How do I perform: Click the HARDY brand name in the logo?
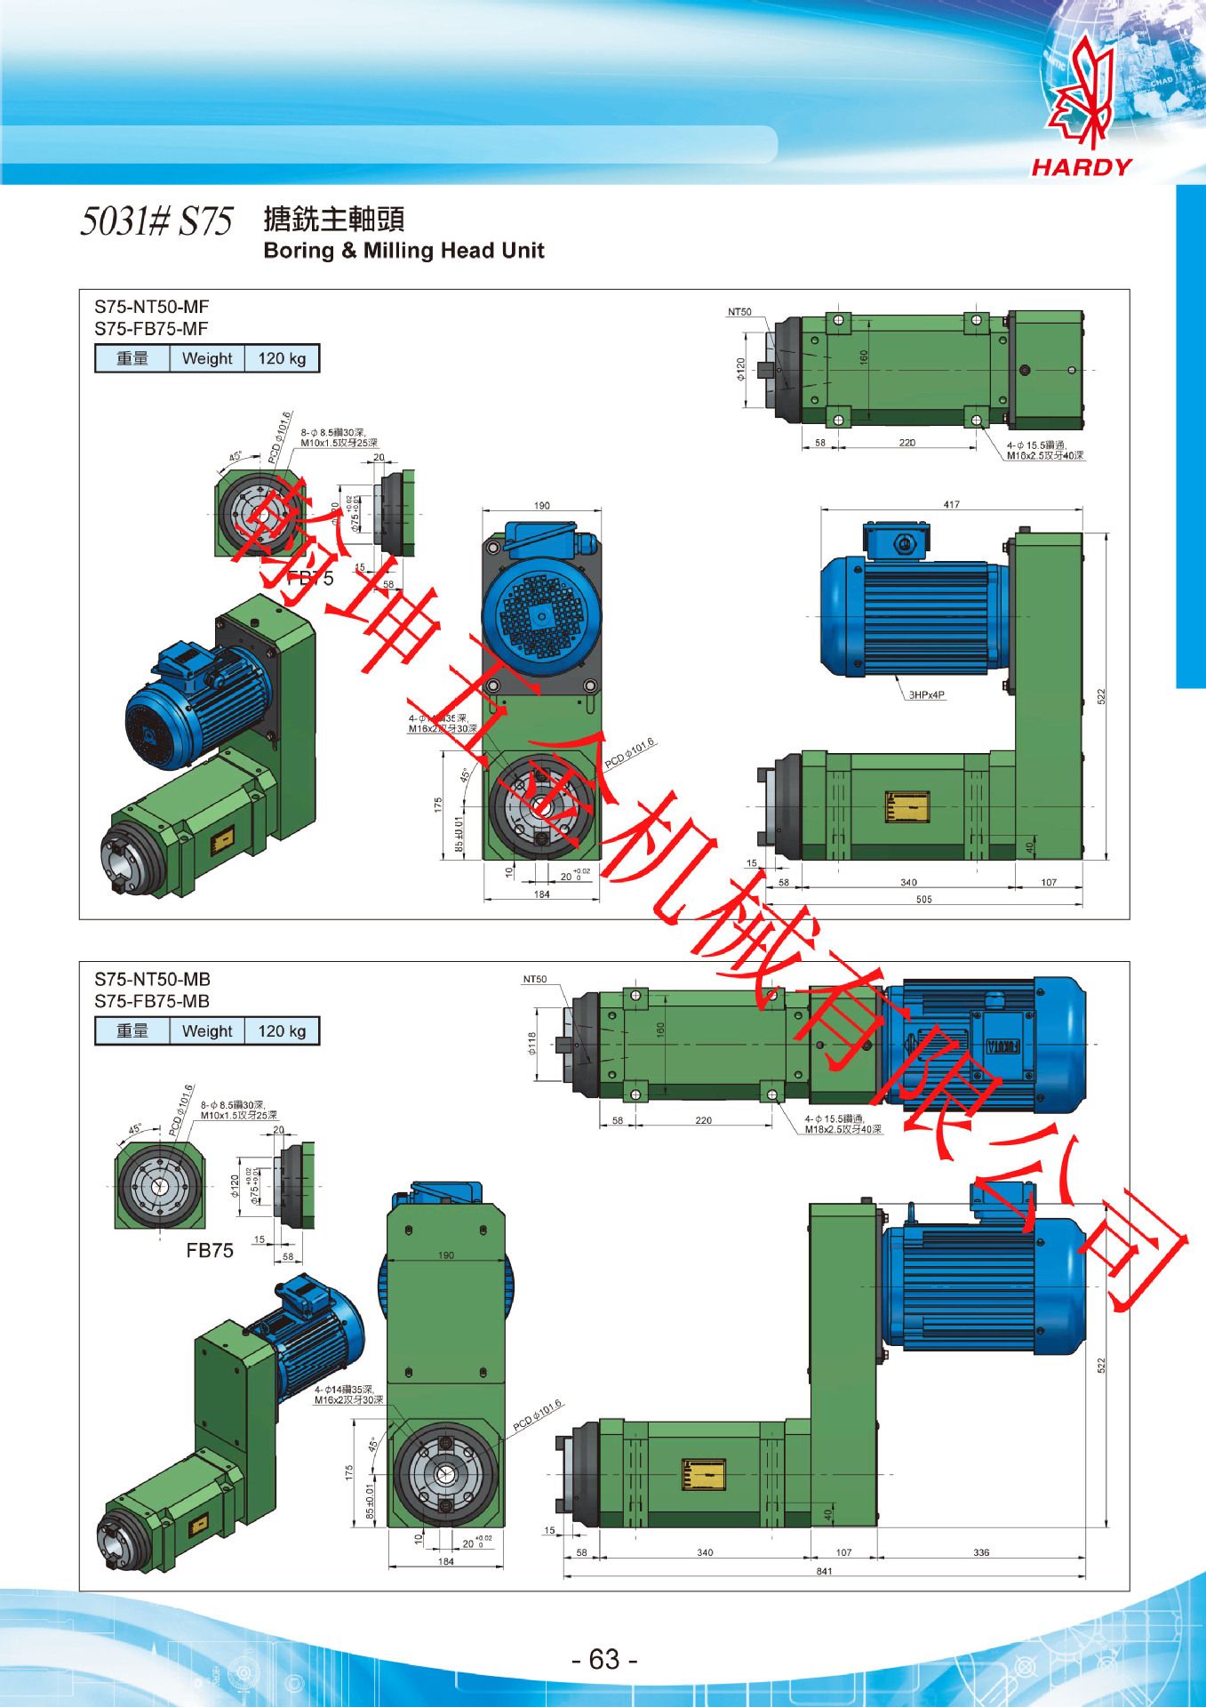pos(1082,167)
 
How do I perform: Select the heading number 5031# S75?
pos(156,221)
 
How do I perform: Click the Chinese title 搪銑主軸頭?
pos(333,219)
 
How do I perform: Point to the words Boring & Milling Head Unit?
pos(403,251)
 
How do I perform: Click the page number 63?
pos(603,1659)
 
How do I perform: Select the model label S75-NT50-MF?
pos(152,308)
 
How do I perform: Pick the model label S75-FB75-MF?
pos(151,329)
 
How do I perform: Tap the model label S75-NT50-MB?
pos(152,980)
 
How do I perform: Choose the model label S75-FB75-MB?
pos(152,1001)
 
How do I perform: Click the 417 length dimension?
pos(951,504)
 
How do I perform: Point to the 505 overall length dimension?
pos(923,900)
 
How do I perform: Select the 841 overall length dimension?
pos(824,1571)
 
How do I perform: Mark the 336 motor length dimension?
pos(981,1552)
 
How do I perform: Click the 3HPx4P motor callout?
pos(927,695)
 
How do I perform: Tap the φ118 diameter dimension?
pos(532,1043)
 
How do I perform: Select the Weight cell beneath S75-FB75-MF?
pos(206,359)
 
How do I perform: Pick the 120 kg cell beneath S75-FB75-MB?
pos(281,1031)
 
